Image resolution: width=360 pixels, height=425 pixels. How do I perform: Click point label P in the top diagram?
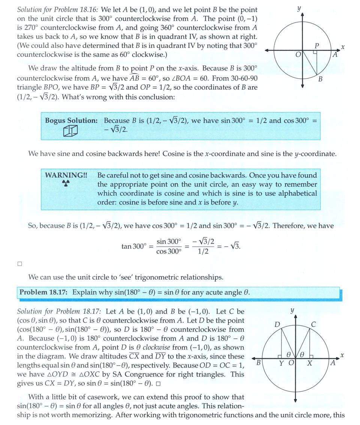click(317, 46)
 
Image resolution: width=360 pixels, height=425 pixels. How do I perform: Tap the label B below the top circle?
click(320, 79)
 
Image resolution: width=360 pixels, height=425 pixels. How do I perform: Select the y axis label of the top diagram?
click(299, 7)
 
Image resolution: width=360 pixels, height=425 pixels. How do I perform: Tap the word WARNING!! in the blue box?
click(66, 175)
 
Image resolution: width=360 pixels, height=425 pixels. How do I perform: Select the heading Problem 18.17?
click(43, 292)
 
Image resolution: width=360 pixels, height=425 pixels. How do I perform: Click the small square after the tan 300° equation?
click(20, 264)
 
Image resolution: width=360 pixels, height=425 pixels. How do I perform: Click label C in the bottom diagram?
click(313, 324)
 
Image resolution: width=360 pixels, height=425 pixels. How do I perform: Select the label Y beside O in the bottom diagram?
click(282, 363)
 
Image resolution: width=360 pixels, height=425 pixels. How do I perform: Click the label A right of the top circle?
click(336, 55)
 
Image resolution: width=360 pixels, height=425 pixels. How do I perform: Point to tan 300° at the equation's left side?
click(133, 246)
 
